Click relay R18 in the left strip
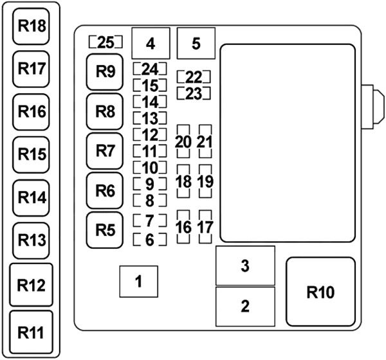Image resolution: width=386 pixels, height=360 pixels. [x=32, y=26]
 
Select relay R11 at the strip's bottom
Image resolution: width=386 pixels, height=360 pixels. [x=32, y=332]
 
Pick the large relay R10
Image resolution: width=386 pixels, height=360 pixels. [x=320, y=292]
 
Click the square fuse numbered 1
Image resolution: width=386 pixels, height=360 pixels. [x=137, y=281]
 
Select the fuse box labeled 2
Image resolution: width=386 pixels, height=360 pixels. [x=244, y=306]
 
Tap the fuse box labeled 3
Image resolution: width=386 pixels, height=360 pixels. [x=244, y=265]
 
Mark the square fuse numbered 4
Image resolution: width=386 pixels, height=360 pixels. [x=150, y=44]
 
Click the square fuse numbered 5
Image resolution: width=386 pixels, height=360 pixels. [x=196, y=44]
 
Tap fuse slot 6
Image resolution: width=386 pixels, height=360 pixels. [x=149, y=240]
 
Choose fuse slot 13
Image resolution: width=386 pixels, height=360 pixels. [x=149, y=118]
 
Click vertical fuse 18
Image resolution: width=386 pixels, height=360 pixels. [x=183, y=181]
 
